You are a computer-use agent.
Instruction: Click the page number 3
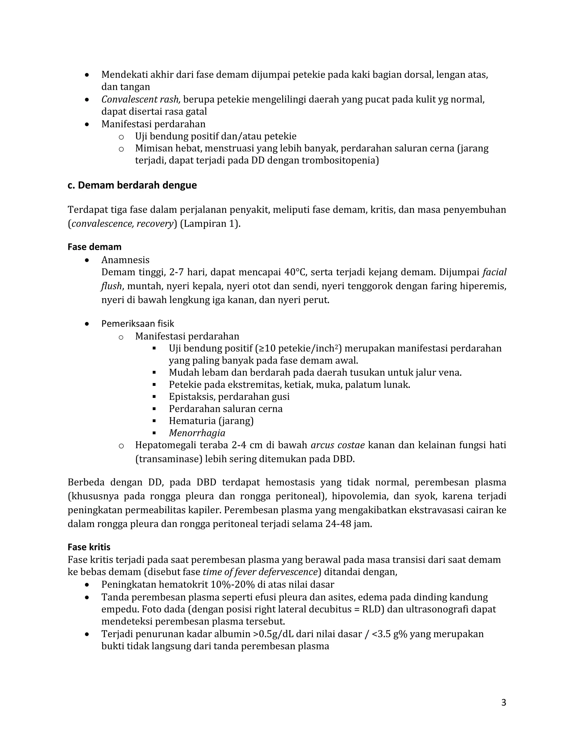tap(504, 702)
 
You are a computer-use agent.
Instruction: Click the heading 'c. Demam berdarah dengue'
tap(132, 185)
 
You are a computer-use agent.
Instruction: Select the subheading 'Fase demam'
tap(94, 247)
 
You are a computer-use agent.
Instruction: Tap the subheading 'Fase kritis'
tap(89, 547)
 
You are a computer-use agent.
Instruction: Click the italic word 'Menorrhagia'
tap(197, 433)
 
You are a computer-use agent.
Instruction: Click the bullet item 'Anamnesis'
tap(125, 260)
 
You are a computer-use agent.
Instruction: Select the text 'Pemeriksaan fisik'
tap(137, 323)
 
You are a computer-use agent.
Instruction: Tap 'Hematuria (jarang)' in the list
tap(211, 421)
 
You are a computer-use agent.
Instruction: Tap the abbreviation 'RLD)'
tap(373, 609)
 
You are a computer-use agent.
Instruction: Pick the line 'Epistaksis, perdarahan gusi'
tap(229, 396)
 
